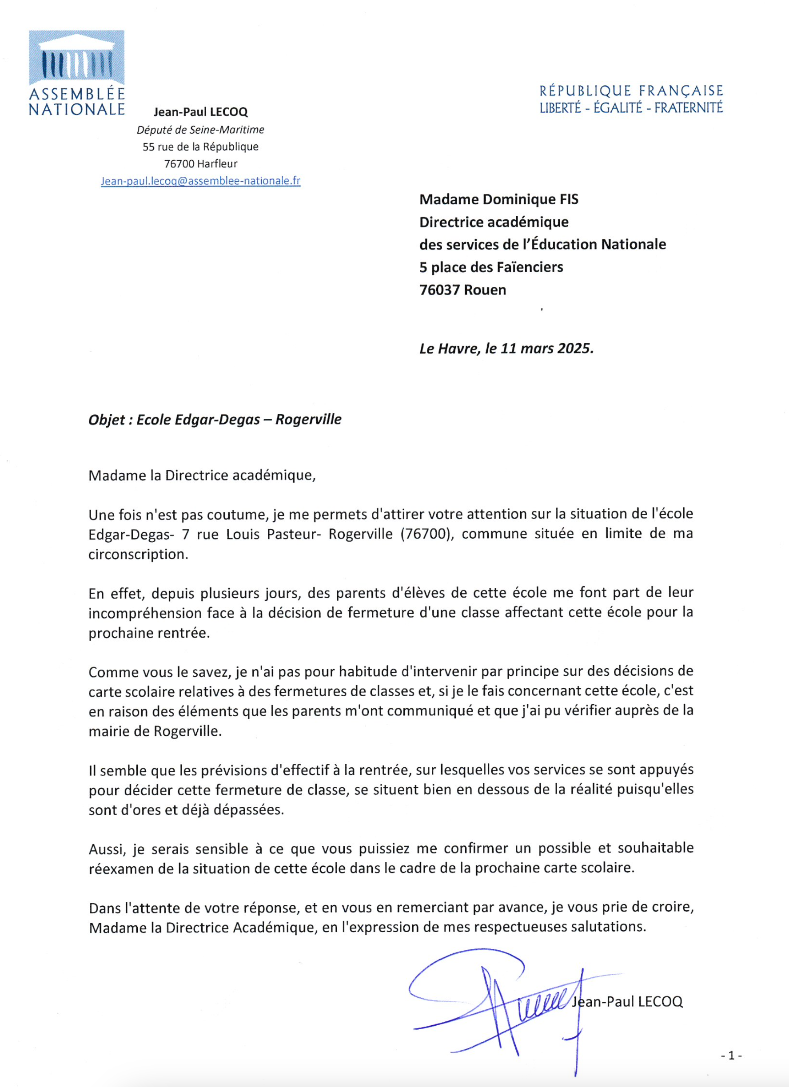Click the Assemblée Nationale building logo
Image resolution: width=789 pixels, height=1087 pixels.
point(76,58)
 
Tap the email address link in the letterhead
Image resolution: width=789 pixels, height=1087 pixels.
point(200,181)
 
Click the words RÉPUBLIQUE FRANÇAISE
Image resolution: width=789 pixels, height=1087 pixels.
point(631,91)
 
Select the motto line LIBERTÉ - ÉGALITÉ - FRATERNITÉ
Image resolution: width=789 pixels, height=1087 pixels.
point(631,108)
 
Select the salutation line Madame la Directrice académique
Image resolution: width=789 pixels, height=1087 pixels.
point(202,476)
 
